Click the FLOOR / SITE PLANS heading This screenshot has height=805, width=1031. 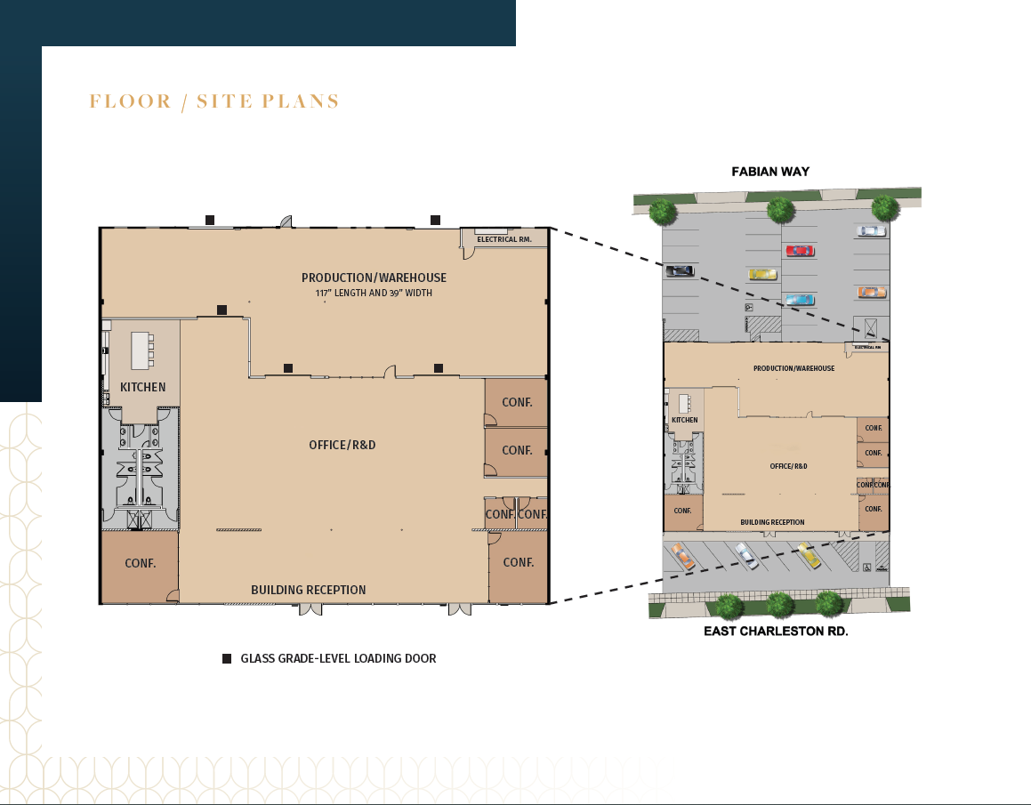click(214, 101)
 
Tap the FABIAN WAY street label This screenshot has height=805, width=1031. click(770, 171)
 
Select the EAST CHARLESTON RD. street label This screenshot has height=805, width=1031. click(776, 632)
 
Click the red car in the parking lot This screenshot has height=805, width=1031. click(800, 251)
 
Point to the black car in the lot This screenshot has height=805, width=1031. click(680, 270)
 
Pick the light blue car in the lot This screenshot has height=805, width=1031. click(799, 300)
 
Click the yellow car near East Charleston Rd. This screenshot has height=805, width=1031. click(809, 555)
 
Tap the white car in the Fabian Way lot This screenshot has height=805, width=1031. click(871, 231)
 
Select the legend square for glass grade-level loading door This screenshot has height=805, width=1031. click(227, 659)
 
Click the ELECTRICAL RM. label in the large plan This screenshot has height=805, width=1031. click(503, 239)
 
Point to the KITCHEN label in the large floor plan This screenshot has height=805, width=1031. click(143, 387)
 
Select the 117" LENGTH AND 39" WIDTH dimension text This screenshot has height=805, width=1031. click(374, 293)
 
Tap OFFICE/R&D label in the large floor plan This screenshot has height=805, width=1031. click(342, 445)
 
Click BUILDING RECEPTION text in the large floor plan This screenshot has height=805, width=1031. click(308, 590)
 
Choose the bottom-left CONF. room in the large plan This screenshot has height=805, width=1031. click(141, 563)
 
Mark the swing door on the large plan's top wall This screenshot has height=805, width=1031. click(286, 221)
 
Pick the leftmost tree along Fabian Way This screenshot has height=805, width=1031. click(661, 212)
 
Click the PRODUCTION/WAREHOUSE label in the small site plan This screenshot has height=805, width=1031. click(793, 368)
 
